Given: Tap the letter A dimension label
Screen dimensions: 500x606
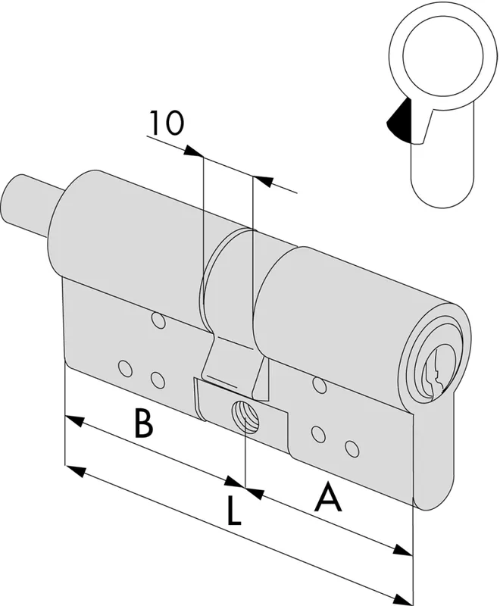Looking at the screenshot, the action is click(x=329, y=496).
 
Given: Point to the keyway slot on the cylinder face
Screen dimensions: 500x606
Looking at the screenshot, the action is click(x=436, y=372).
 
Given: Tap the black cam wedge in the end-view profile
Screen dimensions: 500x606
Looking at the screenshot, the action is click(x=398, y=120).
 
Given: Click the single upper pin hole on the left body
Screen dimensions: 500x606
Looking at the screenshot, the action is click(x=158, y=320).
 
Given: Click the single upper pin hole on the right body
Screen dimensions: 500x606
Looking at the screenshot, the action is click(x=320, y=385).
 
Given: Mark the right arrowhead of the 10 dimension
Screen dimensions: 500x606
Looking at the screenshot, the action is click(x=263, y=181).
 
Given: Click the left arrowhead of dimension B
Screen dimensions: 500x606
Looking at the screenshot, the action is click(x=74, y=420).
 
